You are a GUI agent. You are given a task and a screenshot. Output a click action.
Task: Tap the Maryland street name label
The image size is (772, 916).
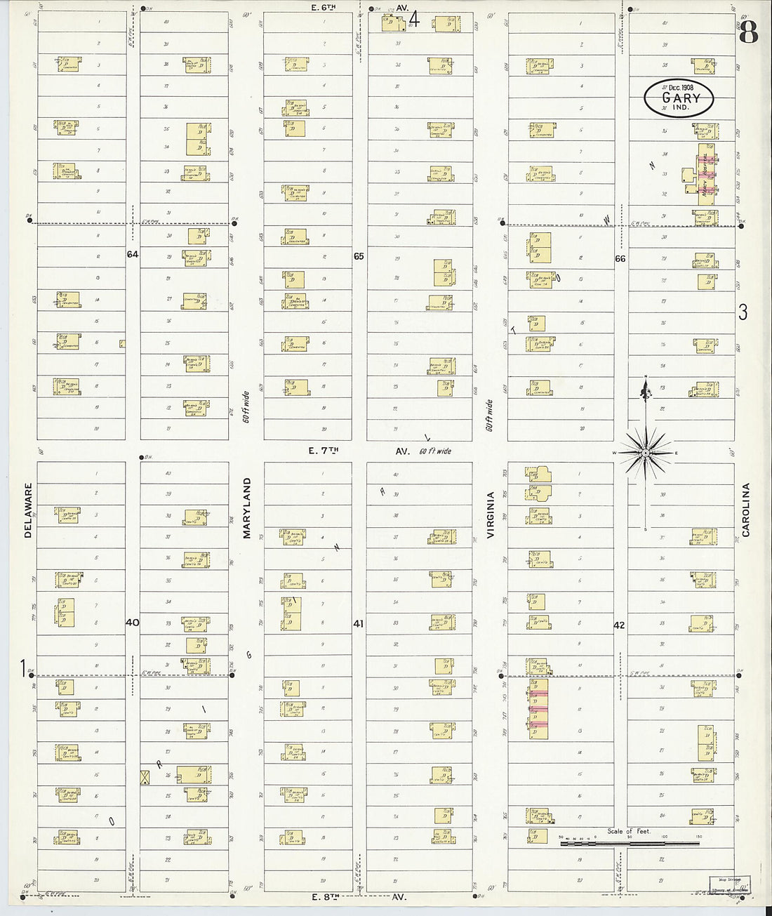tap(246, 509)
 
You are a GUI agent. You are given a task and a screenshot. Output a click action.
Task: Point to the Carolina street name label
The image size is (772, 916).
tap(746, 510)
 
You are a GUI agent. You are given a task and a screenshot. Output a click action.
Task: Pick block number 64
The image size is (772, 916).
tap(133, 254)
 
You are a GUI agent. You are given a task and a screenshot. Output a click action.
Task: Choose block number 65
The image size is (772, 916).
tap(359, 256)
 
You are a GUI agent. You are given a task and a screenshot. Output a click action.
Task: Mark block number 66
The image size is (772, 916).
tap(620, 258)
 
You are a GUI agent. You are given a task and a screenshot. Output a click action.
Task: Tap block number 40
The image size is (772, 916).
tap(133, 622)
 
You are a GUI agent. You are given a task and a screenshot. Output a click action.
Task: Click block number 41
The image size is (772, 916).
tap(359, 623)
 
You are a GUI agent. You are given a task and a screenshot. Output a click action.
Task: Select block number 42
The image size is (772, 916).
tap(619, 625)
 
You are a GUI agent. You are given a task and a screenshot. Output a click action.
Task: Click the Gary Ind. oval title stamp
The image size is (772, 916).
tap(679, 98)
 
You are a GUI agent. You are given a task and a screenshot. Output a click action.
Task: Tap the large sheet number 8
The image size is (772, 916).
tap(750, 32)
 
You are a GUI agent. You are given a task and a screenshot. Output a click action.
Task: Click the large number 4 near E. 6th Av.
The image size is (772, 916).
tap(414, 19)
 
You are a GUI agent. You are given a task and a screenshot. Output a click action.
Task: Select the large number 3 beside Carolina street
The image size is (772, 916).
tap(743, 312)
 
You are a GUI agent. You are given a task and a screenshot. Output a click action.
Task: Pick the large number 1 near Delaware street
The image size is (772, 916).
tap(24, 665)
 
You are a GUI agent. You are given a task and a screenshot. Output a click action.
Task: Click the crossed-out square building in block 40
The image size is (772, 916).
tap(145, 777)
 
